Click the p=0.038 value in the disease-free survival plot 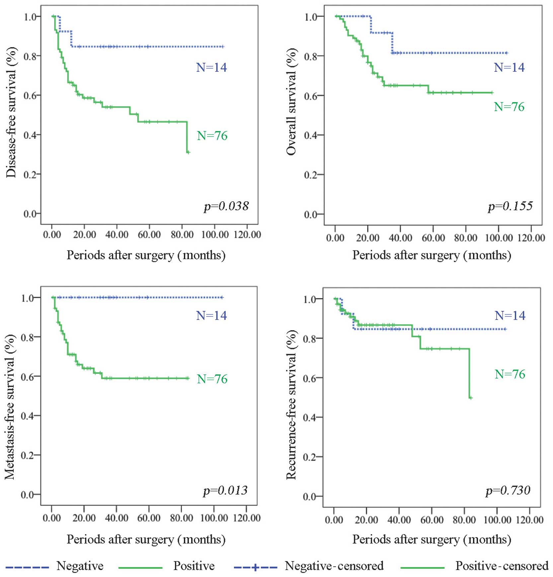[226, 206]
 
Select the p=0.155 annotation [510, 206]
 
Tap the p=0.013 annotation [225, 490]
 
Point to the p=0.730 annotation [508, 490]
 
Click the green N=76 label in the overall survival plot [509, 107]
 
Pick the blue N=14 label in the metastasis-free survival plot [211, 316]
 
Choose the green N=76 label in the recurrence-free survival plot [510, 374]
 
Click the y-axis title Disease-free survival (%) [11, 112]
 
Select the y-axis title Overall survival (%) [291, 102]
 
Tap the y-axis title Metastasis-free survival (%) [10, 407]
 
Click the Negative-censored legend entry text [334, 566]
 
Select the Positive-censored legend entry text [502, 566]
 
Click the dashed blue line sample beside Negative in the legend [27, 567]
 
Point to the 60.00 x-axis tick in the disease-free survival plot [149, 235]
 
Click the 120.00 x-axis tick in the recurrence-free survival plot [529, 520]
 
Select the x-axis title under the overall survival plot [432, 255]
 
